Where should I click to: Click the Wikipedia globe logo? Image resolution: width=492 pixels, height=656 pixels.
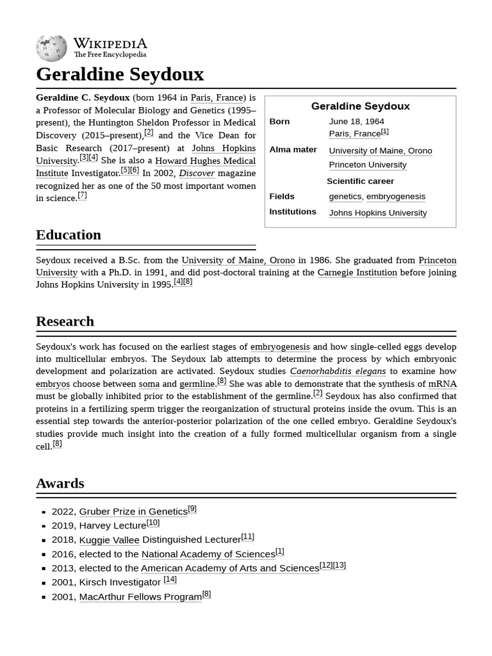(51, 48)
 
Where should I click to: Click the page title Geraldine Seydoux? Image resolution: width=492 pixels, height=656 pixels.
(120, 74)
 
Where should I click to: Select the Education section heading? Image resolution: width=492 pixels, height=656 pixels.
(69, 235)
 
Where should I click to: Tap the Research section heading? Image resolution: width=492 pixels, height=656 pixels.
(65, 322)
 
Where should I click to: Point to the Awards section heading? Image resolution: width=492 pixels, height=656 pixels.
(60, 484)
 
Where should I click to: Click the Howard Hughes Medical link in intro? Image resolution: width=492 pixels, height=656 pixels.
(205, 161)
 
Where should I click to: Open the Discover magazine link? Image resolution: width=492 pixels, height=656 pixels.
(197, 173)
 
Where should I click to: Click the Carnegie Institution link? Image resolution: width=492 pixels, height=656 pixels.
(357, 272)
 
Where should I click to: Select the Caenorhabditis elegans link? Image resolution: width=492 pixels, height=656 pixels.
(338, 371)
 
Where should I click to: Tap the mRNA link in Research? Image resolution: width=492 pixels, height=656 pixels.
(442, 384)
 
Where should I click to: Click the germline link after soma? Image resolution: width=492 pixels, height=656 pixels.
(197, 384)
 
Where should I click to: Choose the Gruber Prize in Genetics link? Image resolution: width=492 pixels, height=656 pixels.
(133, 511)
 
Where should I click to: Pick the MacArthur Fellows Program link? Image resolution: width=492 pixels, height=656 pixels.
(140, 597)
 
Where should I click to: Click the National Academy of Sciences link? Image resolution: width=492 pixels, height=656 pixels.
(208, 554)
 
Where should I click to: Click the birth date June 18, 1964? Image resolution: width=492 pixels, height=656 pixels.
(356, 121)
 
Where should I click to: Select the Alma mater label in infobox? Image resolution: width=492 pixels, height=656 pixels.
(293, 149)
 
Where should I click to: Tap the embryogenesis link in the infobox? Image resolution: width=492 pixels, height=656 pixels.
(395, 197)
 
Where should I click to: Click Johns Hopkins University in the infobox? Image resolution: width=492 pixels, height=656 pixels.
(377, 213)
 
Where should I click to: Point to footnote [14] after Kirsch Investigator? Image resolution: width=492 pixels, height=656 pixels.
(170, 579)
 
